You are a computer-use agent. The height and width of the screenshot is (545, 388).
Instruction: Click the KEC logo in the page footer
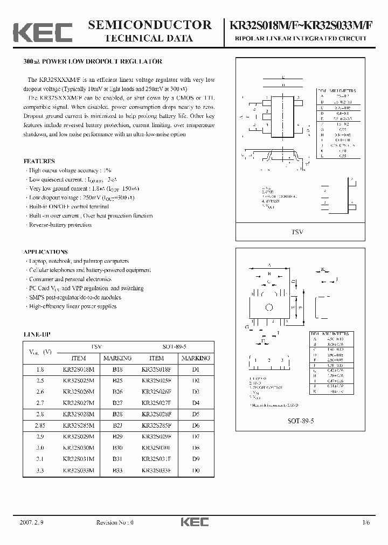pyautogui.click(x=193, y=522)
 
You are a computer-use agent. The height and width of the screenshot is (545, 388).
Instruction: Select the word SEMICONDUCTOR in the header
pyautogui.click(x=149, y=25)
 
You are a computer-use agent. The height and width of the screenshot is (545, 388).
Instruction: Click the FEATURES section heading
pyautogui.click(x=39, y=161)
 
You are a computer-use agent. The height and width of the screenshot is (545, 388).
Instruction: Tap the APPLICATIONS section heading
pyautogui.click(x=45, y=251)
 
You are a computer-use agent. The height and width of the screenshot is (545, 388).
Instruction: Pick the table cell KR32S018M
pyautogui.click(x=79, y=369)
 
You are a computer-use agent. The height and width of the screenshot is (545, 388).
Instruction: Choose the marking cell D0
pyautogui.click(x=196, y=471)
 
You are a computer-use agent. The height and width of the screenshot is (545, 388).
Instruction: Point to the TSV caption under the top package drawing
pyautogui.click(x=298, y=232)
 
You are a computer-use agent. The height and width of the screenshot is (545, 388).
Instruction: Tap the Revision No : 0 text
pyautogui.click(x=114, y=522)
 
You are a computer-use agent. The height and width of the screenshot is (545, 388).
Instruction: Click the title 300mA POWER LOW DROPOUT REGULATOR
pyautogui.click(x=93, y=62)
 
